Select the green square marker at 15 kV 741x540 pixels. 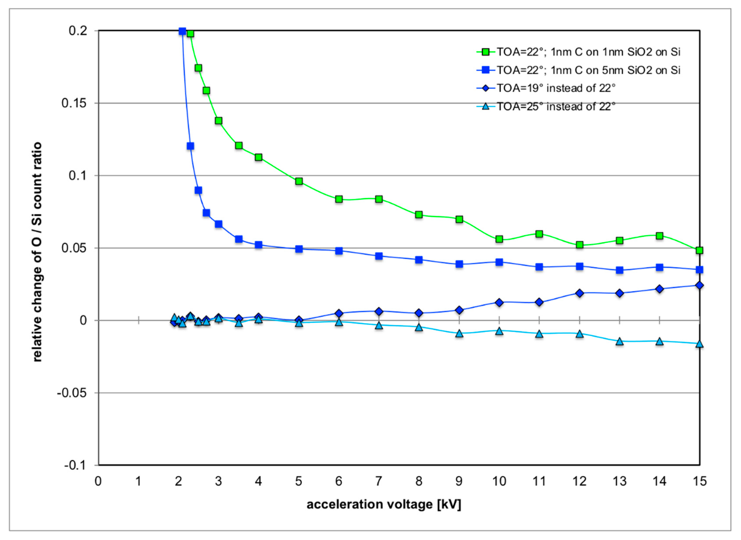point(699,250)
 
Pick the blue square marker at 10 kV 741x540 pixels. point(499,262)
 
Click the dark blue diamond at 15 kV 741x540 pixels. point(699,285)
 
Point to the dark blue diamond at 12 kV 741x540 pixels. point(579,293)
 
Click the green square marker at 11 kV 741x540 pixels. point(539,234)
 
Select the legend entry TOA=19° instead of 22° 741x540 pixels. point(556,88)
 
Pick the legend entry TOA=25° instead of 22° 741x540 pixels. point(556,107)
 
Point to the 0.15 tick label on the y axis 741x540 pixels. point(75,103)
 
